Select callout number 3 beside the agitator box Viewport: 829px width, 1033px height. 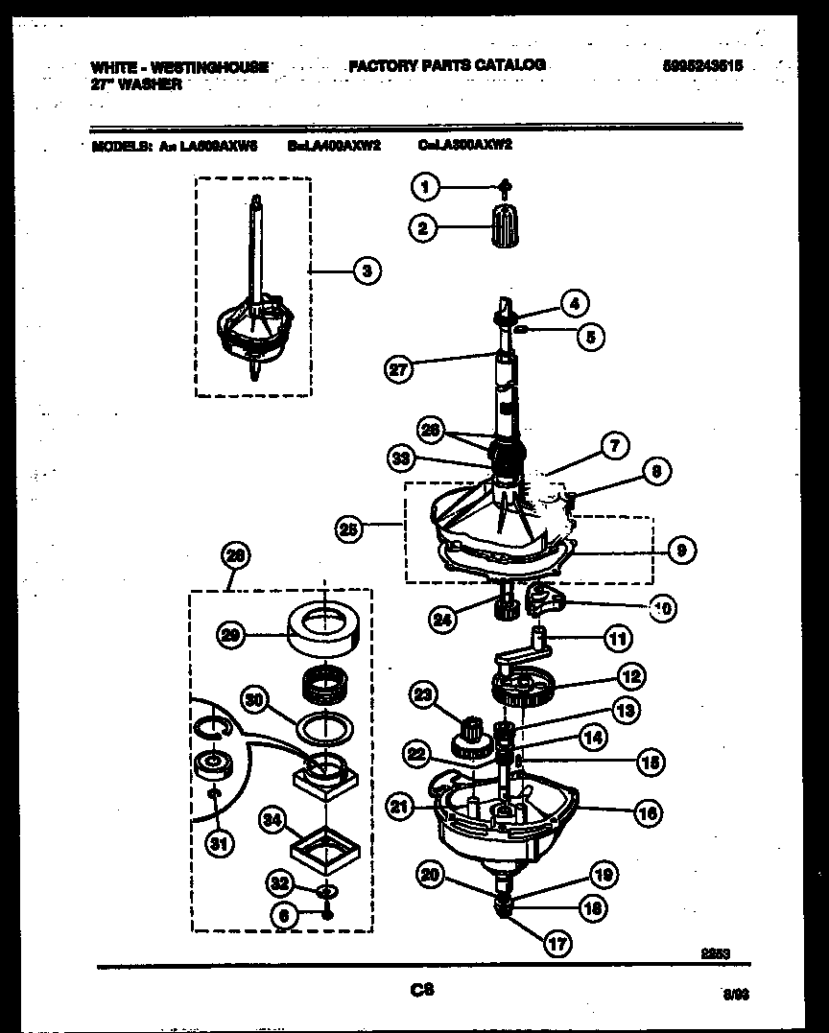point(365,271)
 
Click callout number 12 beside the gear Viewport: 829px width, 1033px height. point(630,677)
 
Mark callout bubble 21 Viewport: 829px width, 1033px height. point(400,807)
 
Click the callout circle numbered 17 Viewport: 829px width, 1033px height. point(557,943)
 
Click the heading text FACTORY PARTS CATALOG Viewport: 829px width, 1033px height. point(446,65)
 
